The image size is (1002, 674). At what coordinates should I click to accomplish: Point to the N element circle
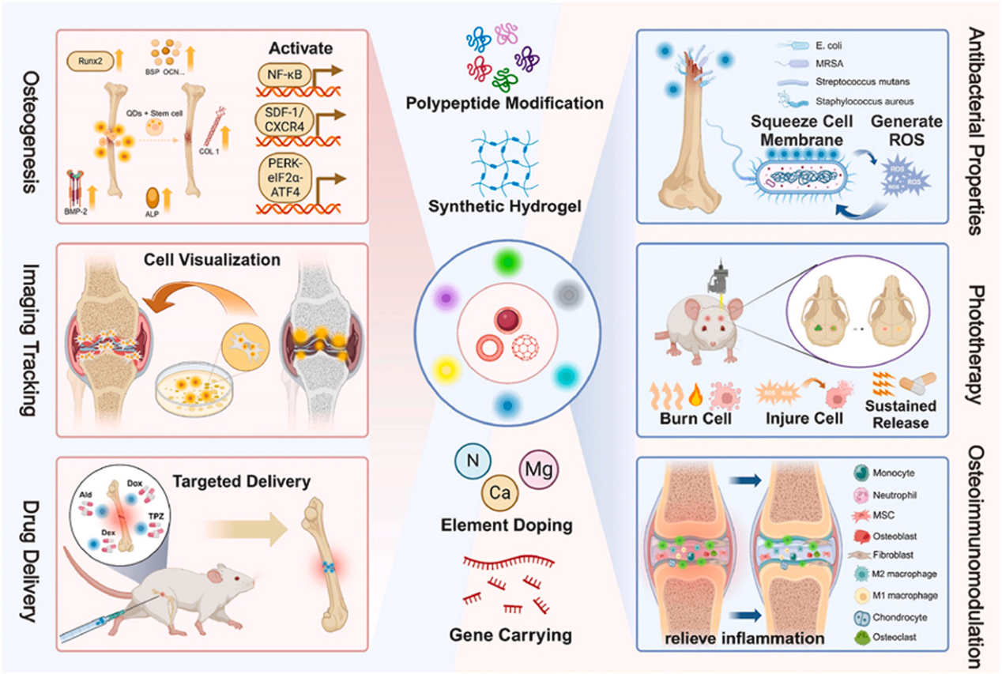(x=473, y=461)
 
